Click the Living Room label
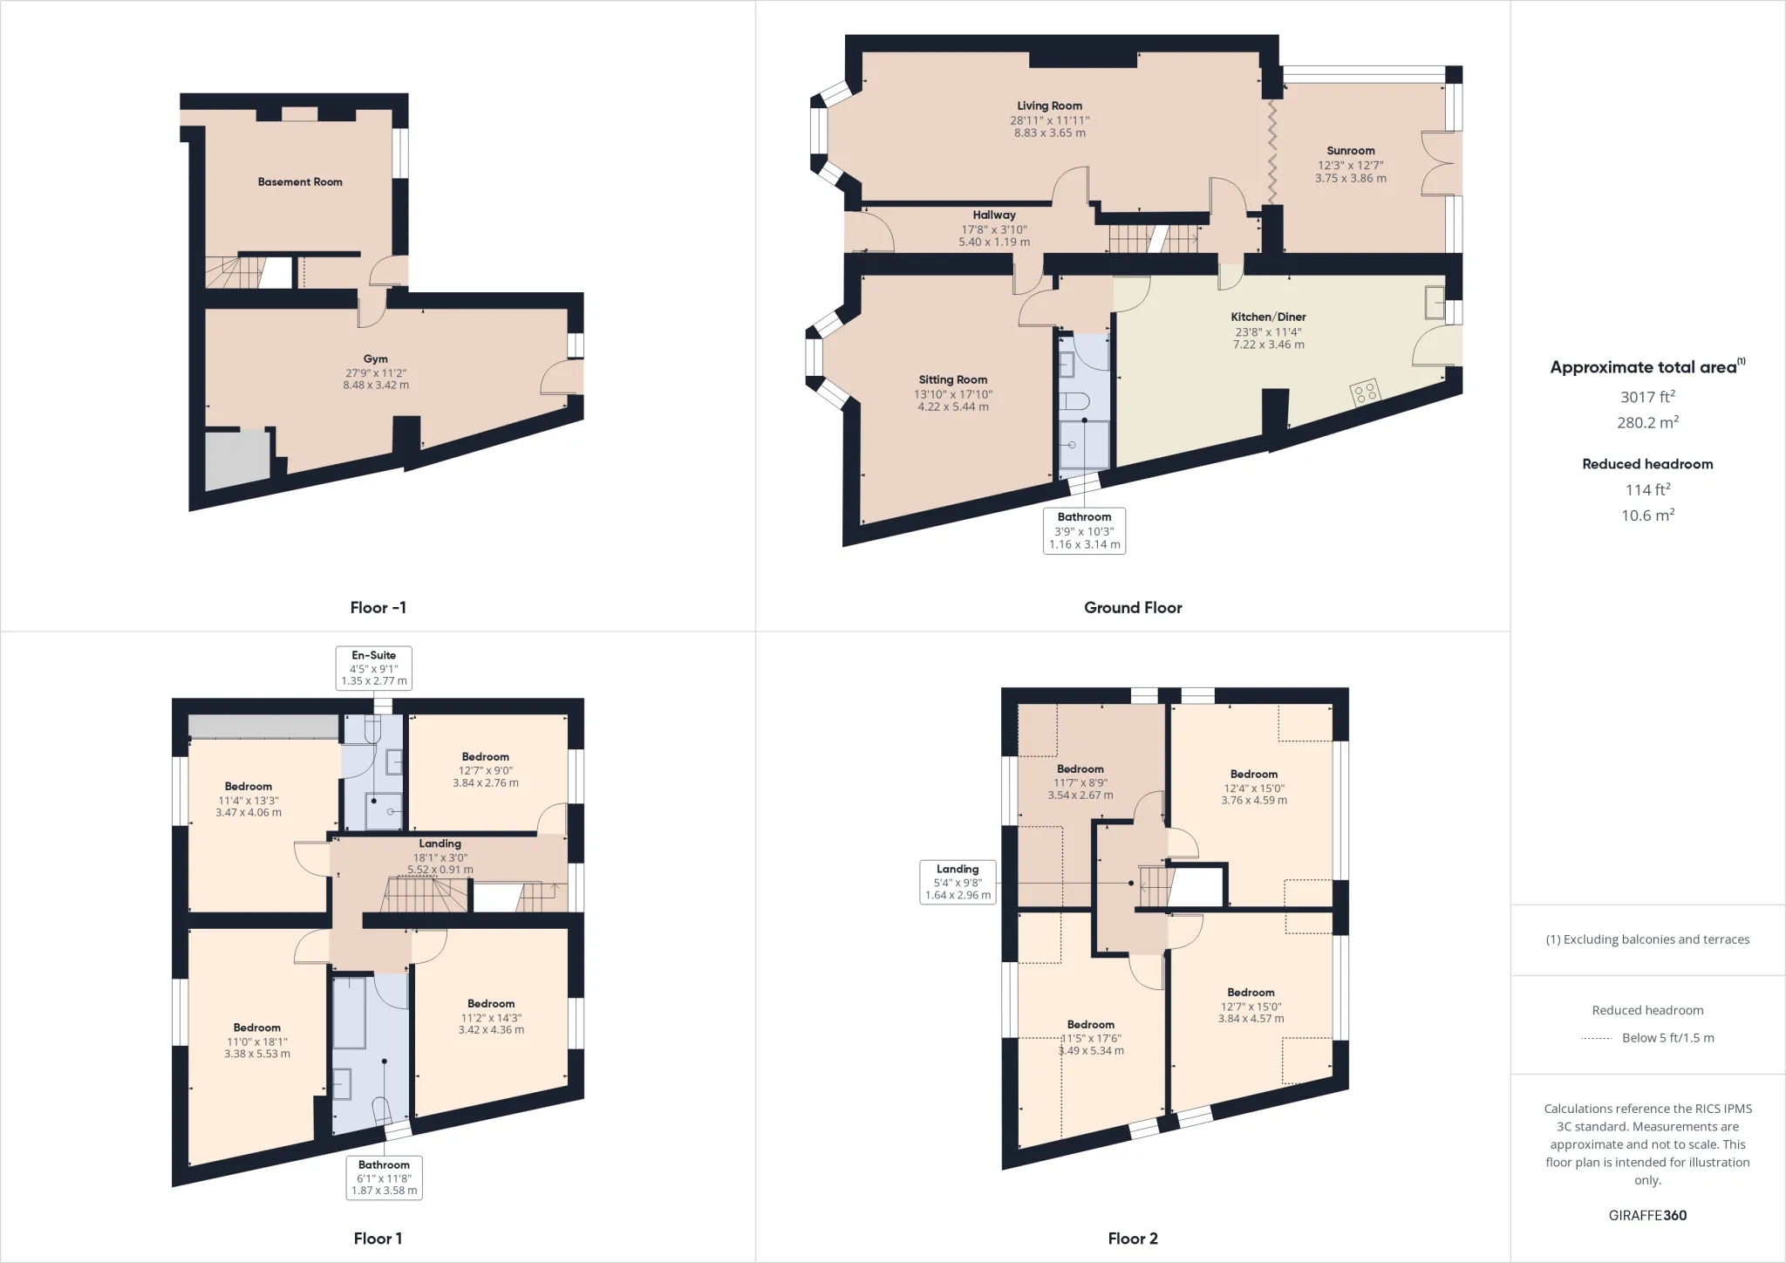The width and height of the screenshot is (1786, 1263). coord(1049,106)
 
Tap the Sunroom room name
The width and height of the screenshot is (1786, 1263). coord(1351,151)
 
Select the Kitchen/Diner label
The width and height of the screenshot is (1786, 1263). coord(1268,317)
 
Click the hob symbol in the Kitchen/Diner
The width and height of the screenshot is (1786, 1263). coord(1365,392)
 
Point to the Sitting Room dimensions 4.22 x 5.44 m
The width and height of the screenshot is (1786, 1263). coord(953,406)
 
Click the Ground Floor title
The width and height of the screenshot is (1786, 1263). coord(1133,607)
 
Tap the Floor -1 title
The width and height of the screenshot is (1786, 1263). coord(378,607)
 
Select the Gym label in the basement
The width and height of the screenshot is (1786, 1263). coord(376,358)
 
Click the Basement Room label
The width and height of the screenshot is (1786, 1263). coord(300,181)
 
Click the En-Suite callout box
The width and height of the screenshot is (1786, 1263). coord(374,668)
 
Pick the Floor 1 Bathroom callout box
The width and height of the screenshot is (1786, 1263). coord(384,1178)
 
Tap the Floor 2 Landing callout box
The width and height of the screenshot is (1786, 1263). coord(958,882)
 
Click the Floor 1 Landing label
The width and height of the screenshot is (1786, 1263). coord(440,843)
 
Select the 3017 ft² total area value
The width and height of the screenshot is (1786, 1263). coord(1647,397)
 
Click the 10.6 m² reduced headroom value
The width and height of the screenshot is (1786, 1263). coord(1647,515)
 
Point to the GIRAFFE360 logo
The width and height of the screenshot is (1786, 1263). coord(1647,1215)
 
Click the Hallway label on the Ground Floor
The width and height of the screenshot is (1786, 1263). coord(994,215)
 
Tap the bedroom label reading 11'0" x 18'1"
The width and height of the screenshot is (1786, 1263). coord(256,1041)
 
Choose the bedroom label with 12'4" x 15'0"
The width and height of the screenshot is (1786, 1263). coord(1254,787)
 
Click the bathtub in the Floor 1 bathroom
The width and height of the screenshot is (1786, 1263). coord(350,1012)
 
